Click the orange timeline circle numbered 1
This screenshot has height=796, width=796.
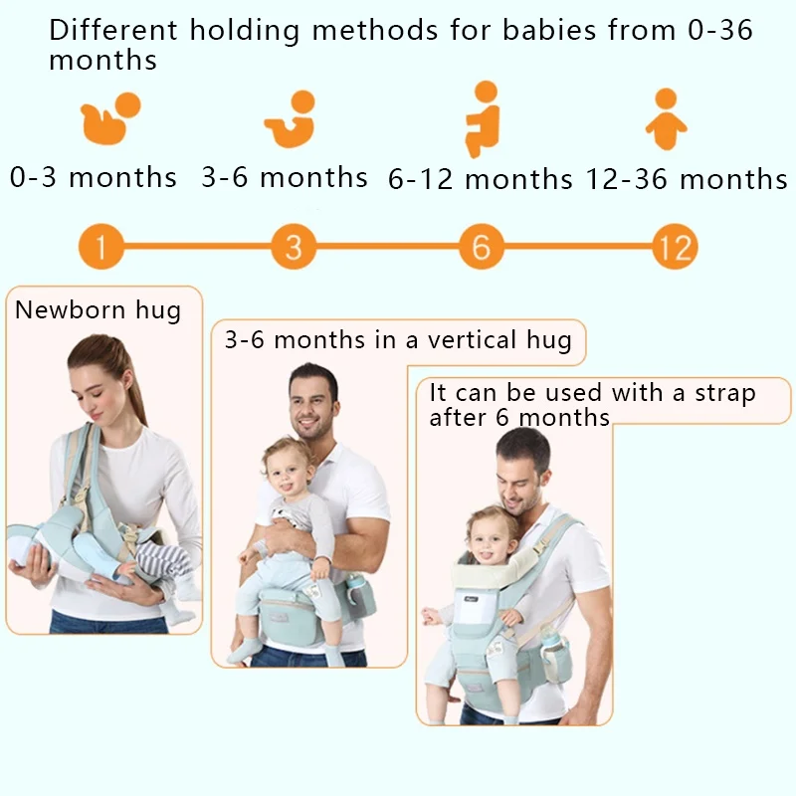click(x=101, y=246)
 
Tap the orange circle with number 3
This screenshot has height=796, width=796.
click(x=294, y=246)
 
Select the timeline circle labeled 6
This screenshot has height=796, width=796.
click(x=482, y=246)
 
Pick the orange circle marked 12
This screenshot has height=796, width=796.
click(x=675, y=246)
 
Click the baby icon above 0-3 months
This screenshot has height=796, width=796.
click(x=110, y=118)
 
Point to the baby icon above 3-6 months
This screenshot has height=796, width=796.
click(x=291, y=119)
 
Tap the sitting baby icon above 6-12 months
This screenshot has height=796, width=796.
click(x=483, y=119)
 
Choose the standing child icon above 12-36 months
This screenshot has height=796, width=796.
click(x=666, y=119)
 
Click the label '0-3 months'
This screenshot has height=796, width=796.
click(x=94, y=177)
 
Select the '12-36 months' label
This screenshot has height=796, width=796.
click(x=687, y=179)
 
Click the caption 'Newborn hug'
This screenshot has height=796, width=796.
click(x=98, y=309)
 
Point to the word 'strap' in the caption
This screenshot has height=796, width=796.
click(x=725, y=394)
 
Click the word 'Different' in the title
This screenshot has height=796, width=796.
click(x=113, y=30)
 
